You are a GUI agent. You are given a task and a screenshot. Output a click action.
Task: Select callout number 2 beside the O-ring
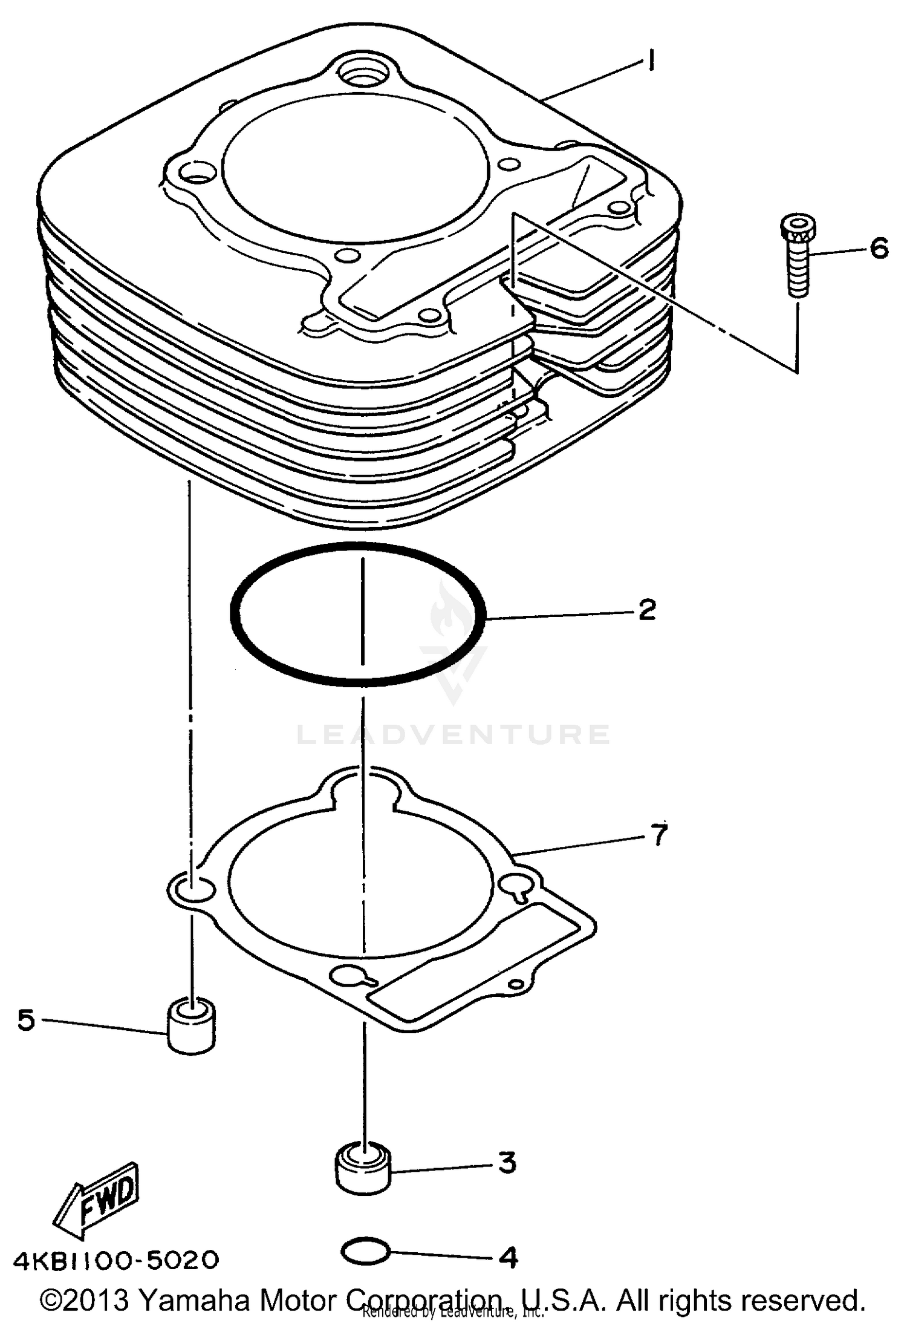[x=646, y=609]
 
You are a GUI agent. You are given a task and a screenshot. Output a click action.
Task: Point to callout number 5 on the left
[x=26, y=1020]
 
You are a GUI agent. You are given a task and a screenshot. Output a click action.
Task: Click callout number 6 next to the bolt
[x=879, y=248]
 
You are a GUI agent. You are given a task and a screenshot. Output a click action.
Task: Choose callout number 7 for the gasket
[x=658, y=835]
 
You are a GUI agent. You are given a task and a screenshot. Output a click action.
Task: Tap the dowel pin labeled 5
[x=191, y=1027]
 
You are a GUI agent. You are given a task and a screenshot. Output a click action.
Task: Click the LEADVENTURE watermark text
[x=453, y=734]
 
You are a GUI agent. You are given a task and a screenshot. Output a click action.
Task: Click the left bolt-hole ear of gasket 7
[x=191, y=888]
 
